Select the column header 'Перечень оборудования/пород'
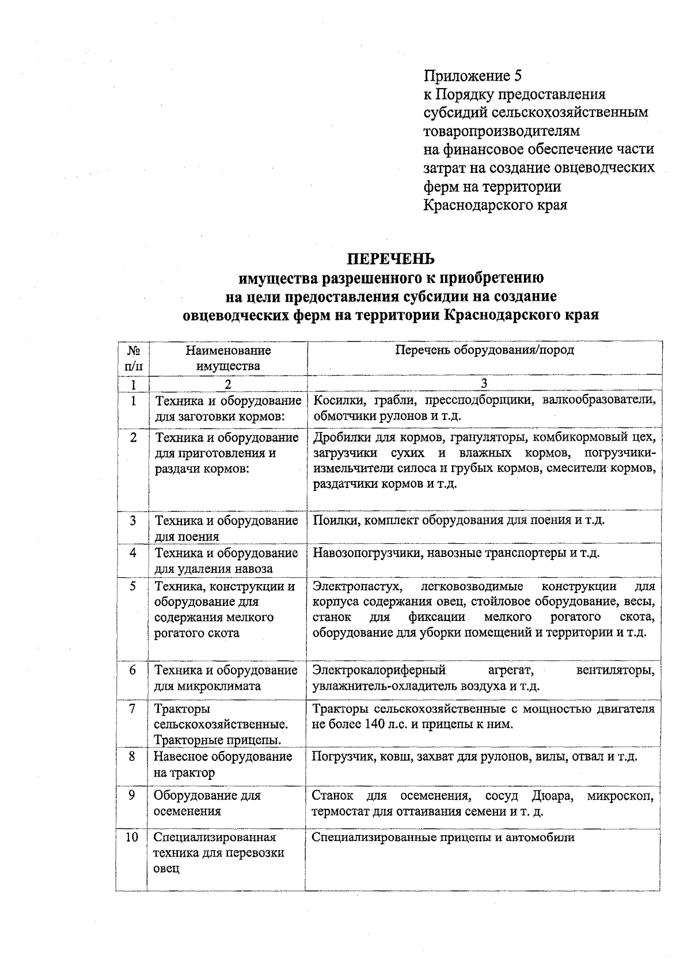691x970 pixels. click(484, 350)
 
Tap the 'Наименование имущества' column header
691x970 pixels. click(227, 358)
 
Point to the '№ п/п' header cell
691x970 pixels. click(133, 358)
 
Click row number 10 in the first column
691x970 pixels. click(132, 837)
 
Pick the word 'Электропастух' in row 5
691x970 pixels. click(356, 586)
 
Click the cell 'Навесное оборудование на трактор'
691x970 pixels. click(223, 764)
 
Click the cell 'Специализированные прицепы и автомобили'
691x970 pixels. click(443, 837)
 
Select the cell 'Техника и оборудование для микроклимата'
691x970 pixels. click(226, 678)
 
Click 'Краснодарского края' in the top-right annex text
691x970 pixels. click(495, 205)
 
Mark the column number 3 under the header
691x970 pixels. click(484, 383)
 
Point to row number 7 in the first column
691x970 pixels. click(132, 708)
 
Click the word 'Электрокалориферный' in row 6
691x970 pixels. click(379, 670)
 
